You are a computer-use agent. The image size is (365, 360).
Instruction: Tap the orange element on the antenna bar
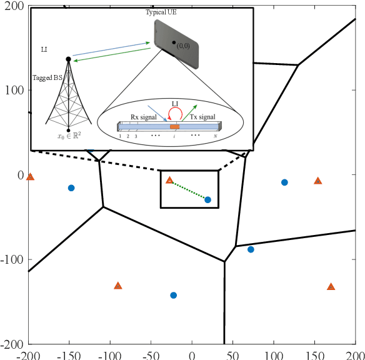pyautogui.click(x=175, y=127)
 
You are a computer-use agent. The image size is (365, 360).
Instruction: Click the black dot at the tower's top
pyautogui.click(x=68, y=59)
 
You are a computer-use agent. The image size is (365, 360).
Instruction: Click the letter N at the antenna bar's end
pyautogui.click(x=216, y=136)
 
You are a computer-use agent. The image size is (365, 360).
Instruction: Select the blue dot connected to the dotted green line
pyautogui.click(x=208, y=199)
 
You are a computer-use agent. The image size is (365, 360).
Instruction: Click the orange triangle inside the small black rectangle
pyautogui.click(x=169, y=180)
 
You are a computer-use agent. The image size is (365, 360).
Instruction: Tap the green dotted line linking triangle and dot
pyautogui.click(x=189, y=190)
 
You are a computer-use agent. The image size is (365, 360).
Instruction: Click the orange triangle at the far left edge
pyautogui.click(x=30, y=177)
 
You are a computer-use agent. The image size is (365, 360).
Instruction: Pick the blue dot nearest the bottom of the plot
pyautogui.click(x=174, y=295)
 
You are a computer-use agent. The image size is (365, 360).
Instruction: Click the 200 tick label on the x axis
pyautogui.click(x=354, y=354)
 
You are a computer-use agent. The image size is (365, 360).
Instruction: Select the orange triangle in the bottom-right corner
pyautogui.click(x=331, y=287)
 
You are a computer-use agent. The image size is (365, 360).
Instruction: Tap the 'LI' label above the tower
pyautogui.click(x=42, y=48)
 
